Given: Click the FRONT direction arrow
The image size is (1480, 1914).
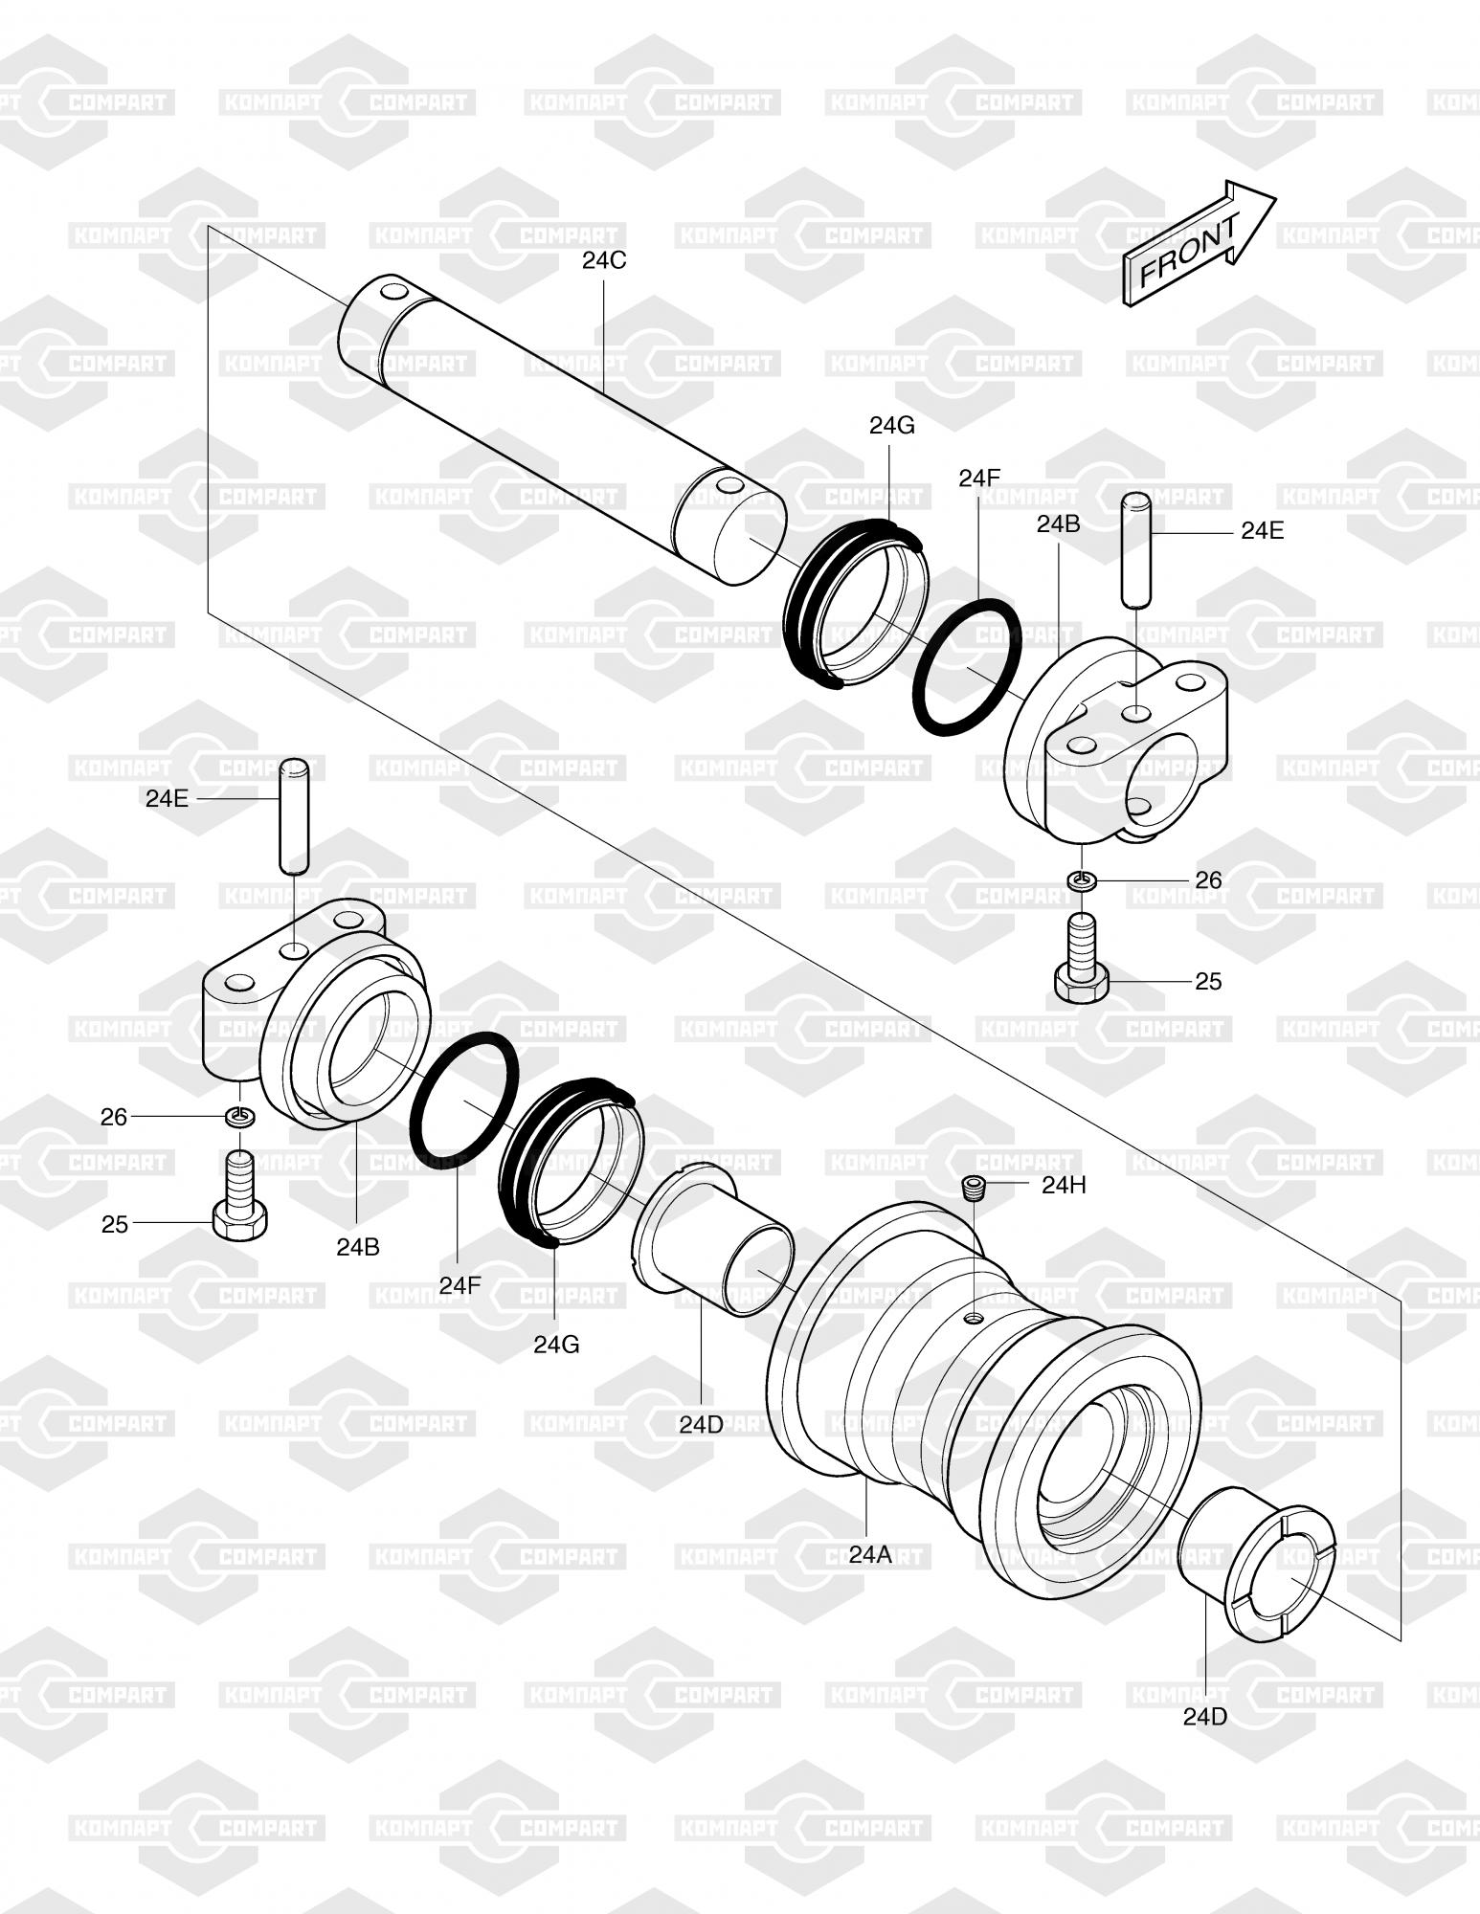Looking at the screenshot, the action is tap(1199, 243).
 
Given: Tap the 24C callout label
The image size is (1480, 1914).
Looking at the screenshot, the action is tap(604, 260).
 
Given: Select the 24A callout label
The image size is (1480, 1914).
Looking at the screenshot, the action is tap(870, 1555).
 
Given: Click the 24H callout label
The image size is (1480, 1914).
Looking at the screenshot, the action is tap(1065, 1185).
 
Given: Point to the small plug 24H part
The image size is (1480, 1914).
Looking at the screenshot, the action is tap(973, 1188).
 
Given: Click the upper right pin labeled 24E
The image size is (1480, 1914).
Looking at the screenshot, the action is tap(1135, 549).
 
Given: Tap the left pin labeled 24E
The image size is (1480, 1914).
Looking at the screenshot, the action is tap(294, 815).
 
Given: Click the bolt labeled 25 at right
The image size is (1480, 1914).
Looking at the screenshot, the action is tap(1082, 958).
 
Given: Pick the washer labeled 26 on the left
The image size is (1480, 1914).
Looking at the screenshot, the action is tap(240, 1116).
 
